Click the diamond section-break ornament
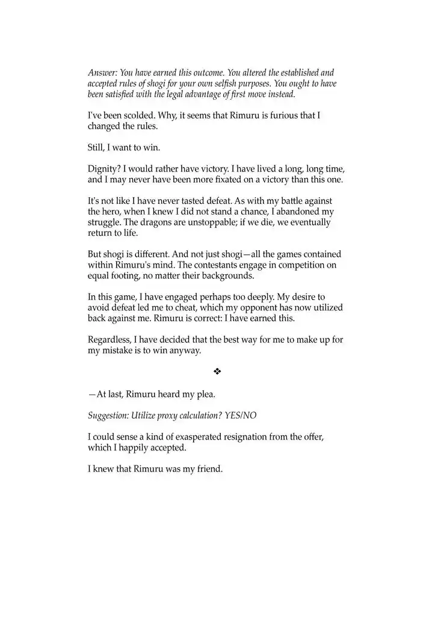218,372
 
